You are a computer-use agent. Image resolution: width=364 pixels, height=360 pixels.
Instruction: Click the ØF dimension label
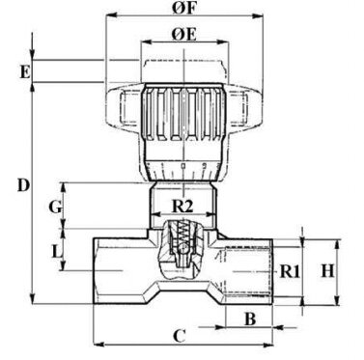[183, 8]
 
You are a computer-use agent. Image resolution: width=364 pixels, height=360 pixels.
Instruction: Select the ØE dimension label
[183, 35]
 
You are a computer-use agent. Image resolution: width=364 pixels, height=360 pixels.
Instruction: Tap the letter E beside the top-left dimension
[25, 72]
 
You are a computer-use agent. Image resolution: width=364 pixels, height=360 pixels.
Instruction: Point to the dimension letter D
[23, 186]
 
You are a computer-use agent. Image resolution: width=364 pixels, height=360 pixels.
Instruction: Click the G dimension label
[55, 208]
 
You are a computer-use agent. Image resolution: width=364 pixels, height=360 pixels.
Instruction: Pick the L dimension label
[57, 252]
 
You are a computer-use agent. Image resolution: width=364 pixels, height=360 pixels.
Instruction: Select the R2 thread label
[182, 207]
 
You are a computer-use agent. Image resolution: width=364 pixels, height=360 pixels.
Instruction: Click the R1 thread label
[290, 271]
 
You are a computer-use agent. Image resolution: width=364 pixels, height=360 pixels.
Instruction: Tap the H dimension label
[328, 271]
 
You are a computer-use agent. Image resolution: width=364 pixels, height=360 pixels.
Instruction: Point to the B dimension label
[250, 319]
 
